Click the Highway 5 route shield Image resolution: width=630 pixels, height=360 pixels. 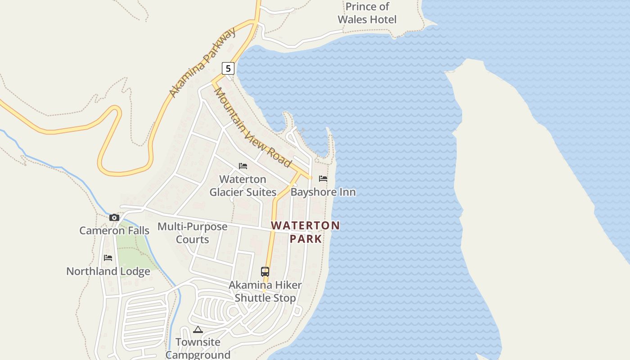click(x=228, y=68)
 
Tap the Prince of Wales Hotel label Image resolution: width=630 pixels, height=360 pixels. click(x=367, y=13)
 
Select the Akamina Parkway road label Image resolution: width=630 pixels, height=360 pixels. click(x=202, y=63)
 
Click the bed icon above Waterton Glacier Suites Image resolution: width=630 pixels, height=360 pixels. click(x=243, y=166)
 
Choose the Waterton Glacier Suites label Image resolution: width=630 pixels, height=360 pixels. click(x=243, y=185)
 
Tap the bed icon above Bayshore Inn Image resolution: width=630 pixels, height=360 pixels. click(x=323, y=179)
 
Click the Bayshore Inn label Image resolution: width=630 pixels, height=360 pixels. click(x=323, y=192)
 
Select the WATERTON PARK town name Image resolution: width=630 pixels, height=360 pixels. click(x=306, y=232)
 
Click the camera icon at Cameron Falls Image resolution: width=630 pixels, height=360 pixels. click(x=114, y=218)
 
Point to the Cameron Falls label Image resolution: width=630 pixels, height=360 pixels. click(x=114, y=230)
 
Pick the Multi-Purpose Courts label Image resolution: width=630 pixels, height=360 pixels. click(x=193, y=233)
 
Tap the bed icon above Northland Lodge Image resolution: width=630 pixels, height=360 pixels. click(x=108, y=258)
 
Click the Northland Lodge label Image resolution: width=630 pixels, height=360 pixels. click(x=108, y=271)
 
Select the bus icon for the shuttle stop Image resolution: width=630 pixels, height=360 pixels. click(x=265, y=272)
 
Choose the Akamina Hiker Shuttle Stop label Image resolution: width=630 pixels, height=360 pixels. click(x=265, y=291)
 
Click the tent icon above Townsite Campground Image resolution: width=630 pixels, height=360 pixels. click(x=198, y=330)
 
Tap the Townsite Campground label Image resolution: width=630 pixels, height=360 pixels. click(x=198, y=348)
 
